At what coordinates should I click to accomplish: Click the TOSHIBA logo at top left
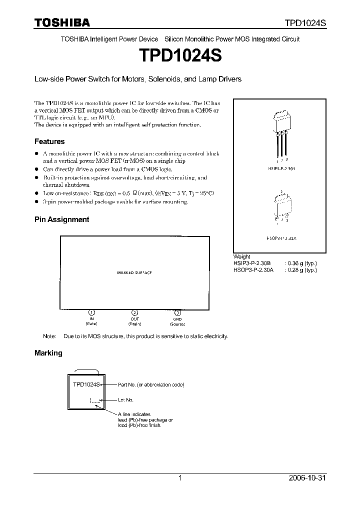(x=62, y=22)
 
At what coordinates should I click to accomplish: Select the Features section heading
(x=49, y=141)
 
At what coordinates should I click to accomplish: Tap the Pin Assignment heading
(x=61, y=219)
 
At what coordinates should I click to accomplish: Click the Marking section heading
(x=48, y=352)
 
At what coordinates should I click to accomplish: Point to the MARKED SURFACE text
(x=134, y=272)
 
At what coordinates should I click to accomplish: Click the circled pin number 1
(x=91, y=312)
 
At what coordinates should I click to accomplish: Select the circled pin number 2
(x=134, y=312)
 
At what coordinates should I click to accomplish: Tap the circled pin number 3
(x=177, y=312)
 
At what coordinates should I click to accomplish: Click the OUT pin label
(x=134, y=319)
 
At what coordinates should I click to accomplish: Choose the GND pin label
(x=177, y=319)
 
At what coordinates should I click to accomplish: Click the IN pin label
(x=91, y=319)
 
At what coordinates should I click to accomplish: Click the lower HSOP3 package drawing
(x=281, y=207)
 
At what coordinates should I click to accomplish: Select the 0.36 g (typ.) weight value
(x=300, y=263)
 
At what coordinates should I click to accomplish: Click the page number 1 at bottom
(x=180, y=478)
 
